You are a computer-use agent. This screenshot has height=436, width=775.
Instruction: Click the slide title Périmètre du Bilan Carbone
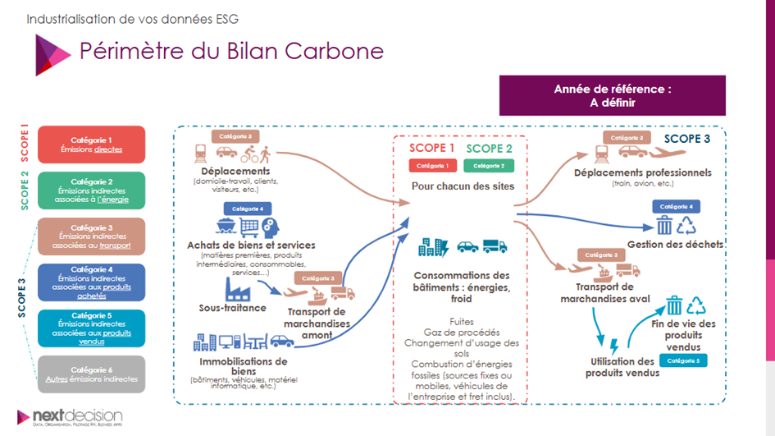click(230, 50)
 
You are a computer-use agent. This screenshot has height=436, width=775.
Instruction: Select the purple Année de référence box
click(612, 95)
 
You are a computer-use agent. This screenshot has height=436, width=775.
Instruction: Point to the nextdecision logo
click(71, 417)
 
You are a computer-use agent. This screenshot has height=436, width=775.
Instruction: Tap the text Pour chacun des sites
click(463, 186)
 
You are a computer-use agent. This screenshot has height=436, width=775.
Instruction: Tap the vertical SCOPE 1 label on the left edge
click(24, 145)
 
